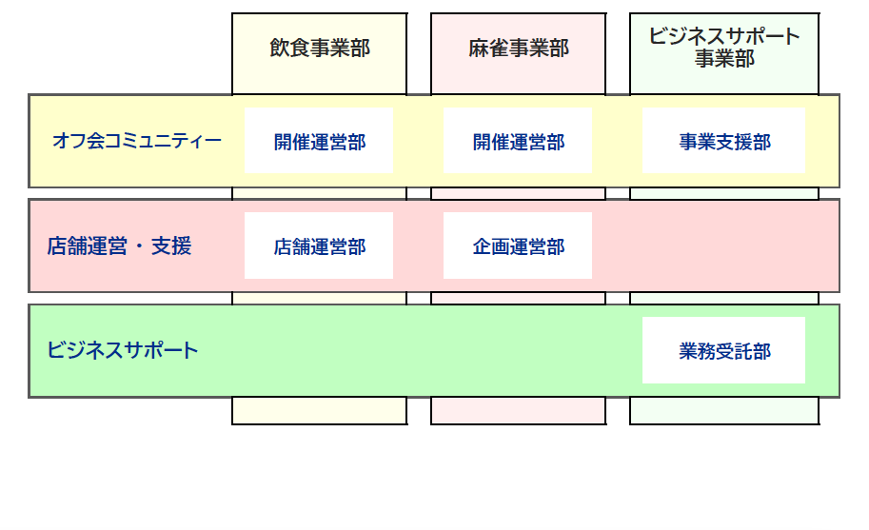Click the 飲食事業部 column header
319,49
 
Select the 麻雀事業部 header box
518,49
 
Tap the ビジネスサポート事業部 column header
724,48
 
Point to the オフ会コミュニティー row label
137,142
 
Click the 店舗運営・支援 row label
119,246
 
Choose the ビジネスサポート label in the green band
123,350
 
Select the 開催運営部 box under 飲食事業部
319,141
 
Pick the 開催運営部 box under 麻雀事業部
518,141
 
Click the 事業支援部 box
724,141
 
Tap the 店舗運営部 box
319,246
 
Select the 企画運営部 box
518,246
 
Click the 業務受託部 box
724,351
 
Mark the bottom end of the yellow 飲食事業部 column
319,411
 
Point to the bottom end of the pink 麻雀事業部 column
518,411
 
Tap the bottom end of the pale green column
724,411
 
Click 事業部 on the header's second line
724,59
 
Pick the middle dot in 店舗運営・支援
138,246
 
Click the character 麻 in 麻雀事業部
479,49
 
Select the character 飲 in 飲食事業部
280,49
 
